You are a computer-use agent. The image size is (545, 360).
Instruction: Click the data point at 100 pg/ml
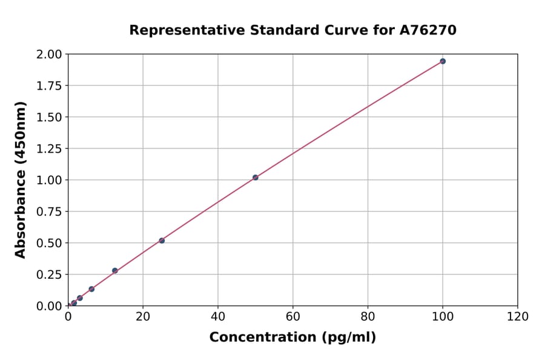[x=443, y=61]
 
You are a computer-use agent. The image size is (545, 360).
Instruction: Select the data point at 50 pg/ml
[x=256, y=178]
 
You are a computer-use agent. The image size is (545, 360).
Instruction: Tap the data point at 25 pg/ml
[x=162, y=241]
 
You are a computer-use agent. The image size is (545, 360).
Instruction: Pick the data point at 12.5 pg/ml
[x=115, y=271]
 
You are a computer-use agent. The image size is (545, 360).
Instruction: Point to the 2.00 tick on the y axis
[x=49, y=55]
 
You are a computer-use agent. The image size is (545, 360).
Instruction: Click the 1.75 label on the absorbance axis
[x=49, y=86]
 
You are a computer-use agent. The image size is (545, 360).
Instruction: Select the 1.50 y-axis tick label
[x=49, y=118]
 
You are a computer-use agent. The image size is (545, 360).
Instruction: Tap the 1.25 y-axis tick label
[x=49, y=149]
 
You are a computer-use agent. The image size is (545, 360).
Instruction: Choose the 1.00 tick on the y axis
[x=49, y=181]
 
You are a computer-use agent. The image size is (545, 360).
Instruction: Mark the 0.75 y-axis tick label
[x=49, y=212]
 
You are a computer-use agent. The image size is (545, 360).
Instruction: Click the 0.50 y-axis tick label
[x=49, y=244]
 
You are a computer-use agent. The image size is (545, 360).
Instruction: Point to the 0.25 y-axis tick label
[x=49, y=275]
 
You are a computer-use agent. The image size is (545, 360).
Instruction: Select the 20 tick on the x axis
[x=143, y=317]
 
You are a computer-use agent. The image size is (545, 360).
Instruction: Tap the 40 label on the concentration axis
[x=218, y=317]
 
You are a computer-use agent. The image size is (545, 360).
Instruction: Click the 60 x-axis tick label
[x=293, y=317]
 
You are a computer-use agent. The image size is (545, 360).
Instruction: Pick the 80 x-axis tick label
[x=368, y=317]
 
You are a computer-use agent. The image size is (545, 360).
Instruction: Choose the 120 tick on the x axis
[x=518, y=317]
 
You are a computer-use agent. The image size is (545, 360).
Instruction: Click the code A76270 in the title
[x=429, y=30]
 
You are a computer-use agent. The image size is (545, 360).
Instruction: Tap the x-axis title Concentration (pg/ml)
[x=292, y=338]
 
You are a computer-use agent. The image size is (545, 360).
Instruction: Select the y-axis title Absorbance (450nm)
[x=21, y=180]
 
